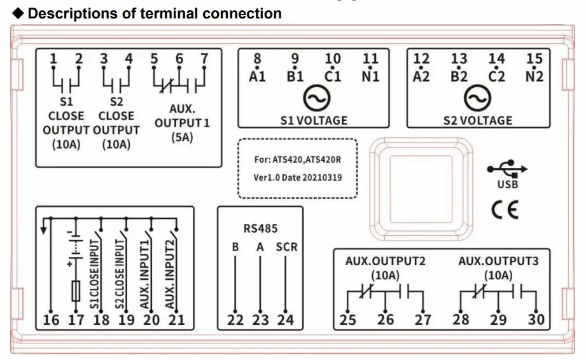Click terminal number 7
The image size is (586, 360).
pyautogui.click(x=204, y=59)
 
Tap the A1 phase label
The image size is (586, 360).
pyautogui.click(x=257, y=76)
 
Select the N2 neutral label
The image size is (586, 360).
pyautogui.click(x=534, y=76)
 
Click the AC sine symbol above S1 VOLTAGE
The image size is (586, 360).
pyautogui.click(x=317, y=98)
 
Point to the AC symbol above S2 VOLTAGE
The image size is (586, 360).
pyautogui.click(x=477, y=98)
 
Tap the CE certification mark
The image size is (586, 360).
pyautogui.click(x=505, y=209)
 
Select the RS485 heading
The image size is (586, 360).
pyautogui.click(x=260, y=228)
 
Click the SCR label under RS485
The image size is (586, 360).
pyautogui.click(x=287, y=247)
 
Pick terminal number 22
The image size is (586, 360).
pyautogui.click(x=235, y=320)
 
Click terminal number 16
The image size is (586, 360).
pyautogui.click(x=51, y=320)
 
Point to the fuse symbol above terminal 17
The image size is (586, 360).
pyautogui.click(x=76, y=291)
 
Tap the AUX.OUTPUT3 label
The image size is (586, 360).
pyautogui.click(x=499, y=261)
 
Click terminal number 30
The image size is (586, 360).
pyautogui.click(x=536, y=320)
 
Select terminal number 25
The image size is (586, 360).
pyautogui.click(x=347, y=320)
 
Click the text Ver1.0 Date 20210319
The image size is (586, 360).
pyautogui.click(x=298, y=177)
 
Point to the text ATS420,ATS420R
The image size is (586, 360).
pyautogui.click(x=307, y=160)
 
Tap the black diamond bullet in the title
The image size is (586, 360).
pyautogui.click(x=18, y=13)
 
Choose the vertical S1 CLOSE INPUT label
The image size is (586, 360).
pyautogui.click(x=95, y=274)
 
